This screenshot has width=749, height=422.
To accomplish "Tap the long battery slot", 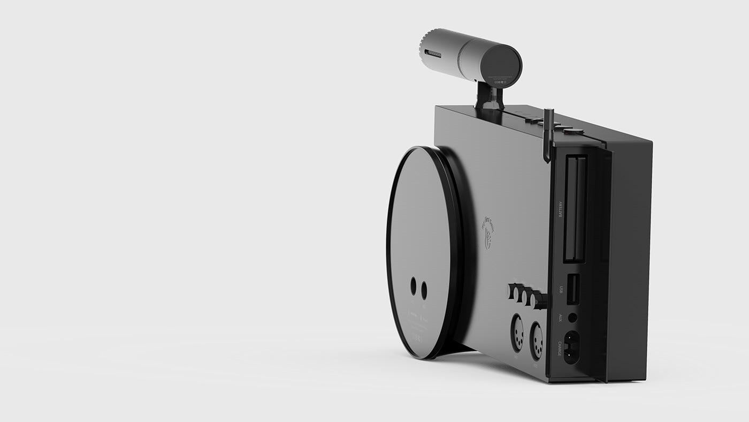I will [x=575, y=209].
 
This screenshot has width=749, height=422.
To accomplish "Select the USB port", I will [x=572, y=289].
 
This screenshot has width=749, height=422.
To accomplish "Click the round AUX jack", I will [x=572, y=317].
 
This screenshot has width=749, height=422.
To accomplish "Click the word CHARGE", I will [x=560, y=349].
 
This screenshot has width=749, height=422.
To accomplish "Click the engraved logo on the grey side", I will [x=488, y=232].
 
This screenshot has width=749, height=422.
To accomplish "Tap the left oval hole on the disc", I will [x=414, y=286].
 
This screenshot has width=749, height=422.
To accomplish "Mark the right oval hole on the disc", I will [x=424, y=290].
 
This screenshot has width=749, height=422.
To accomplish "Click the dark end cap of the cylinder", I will [x=501, y=65].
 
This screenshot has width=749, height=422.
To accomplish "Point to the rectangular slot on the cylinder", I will [x=433, y=54].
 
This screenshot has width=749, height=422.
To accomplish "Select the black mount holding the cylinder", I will [x=490, y=96].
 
